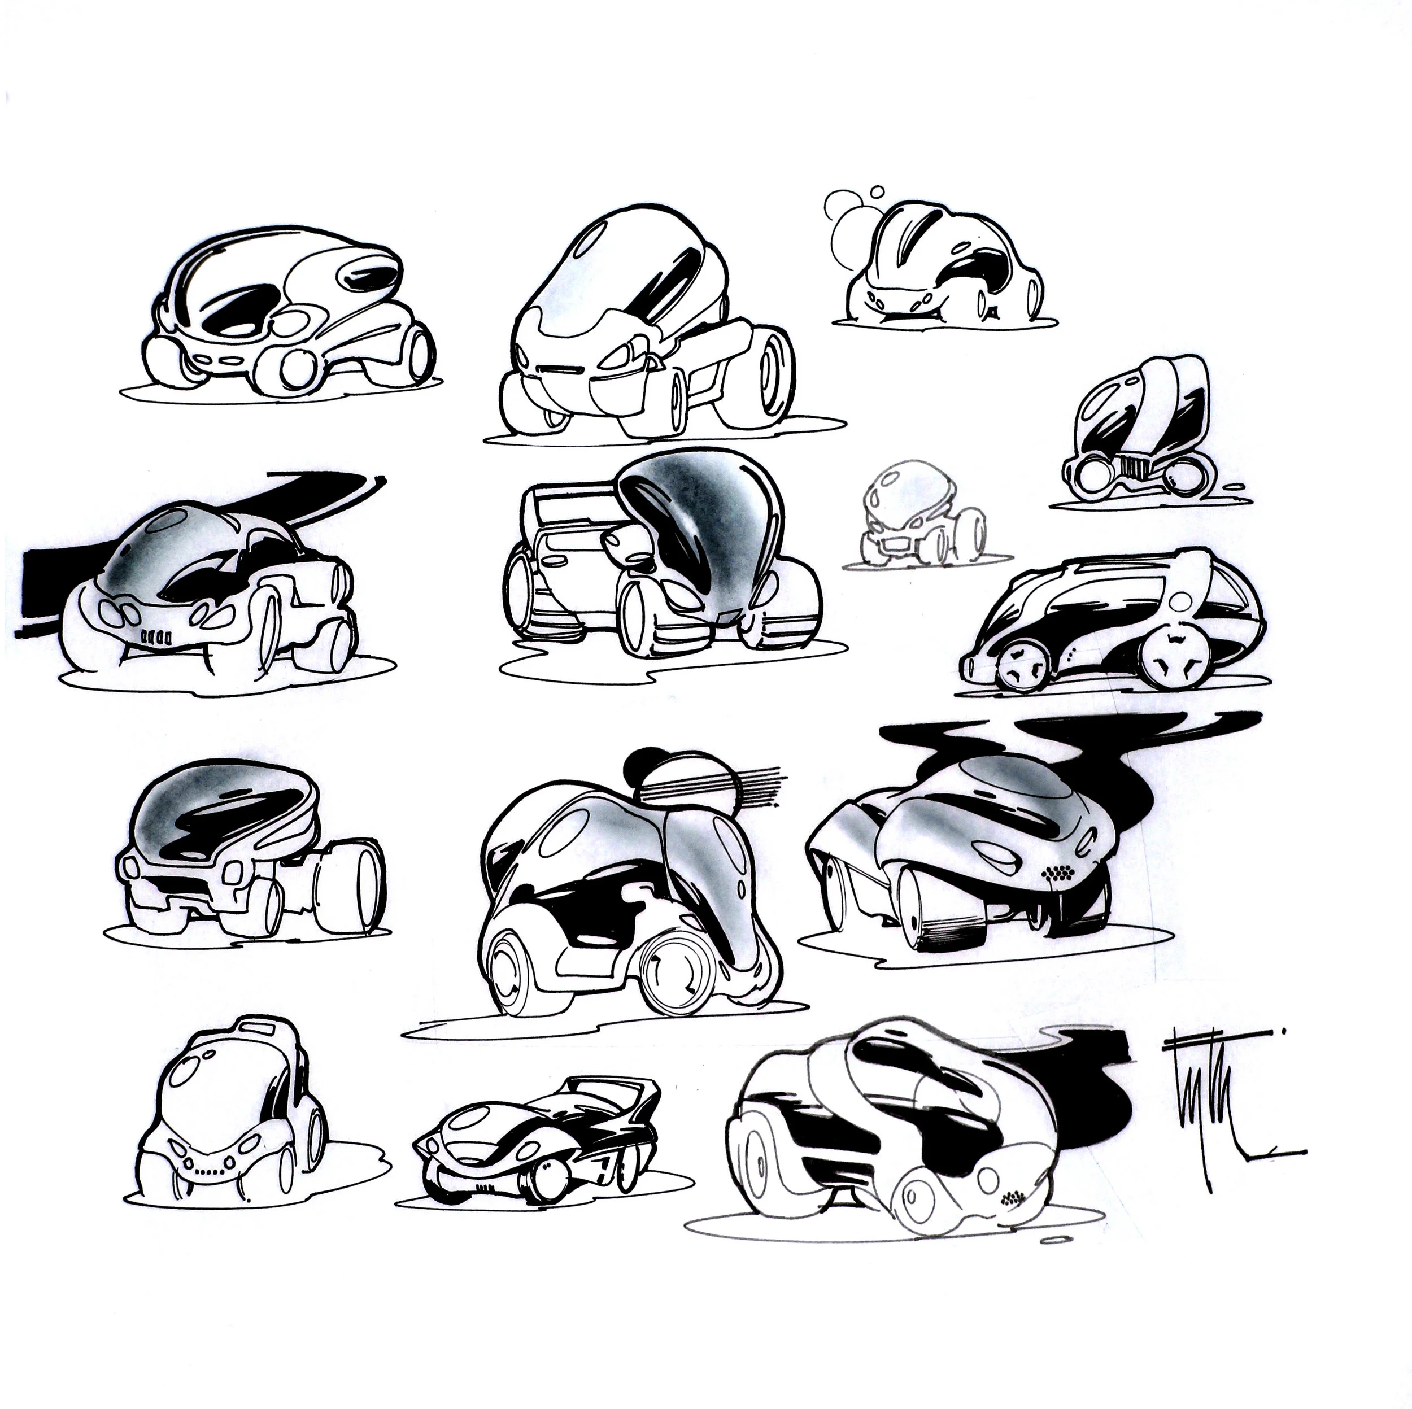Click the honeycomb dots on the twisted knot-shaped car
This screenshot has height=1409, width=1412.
[1012, 1198]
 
